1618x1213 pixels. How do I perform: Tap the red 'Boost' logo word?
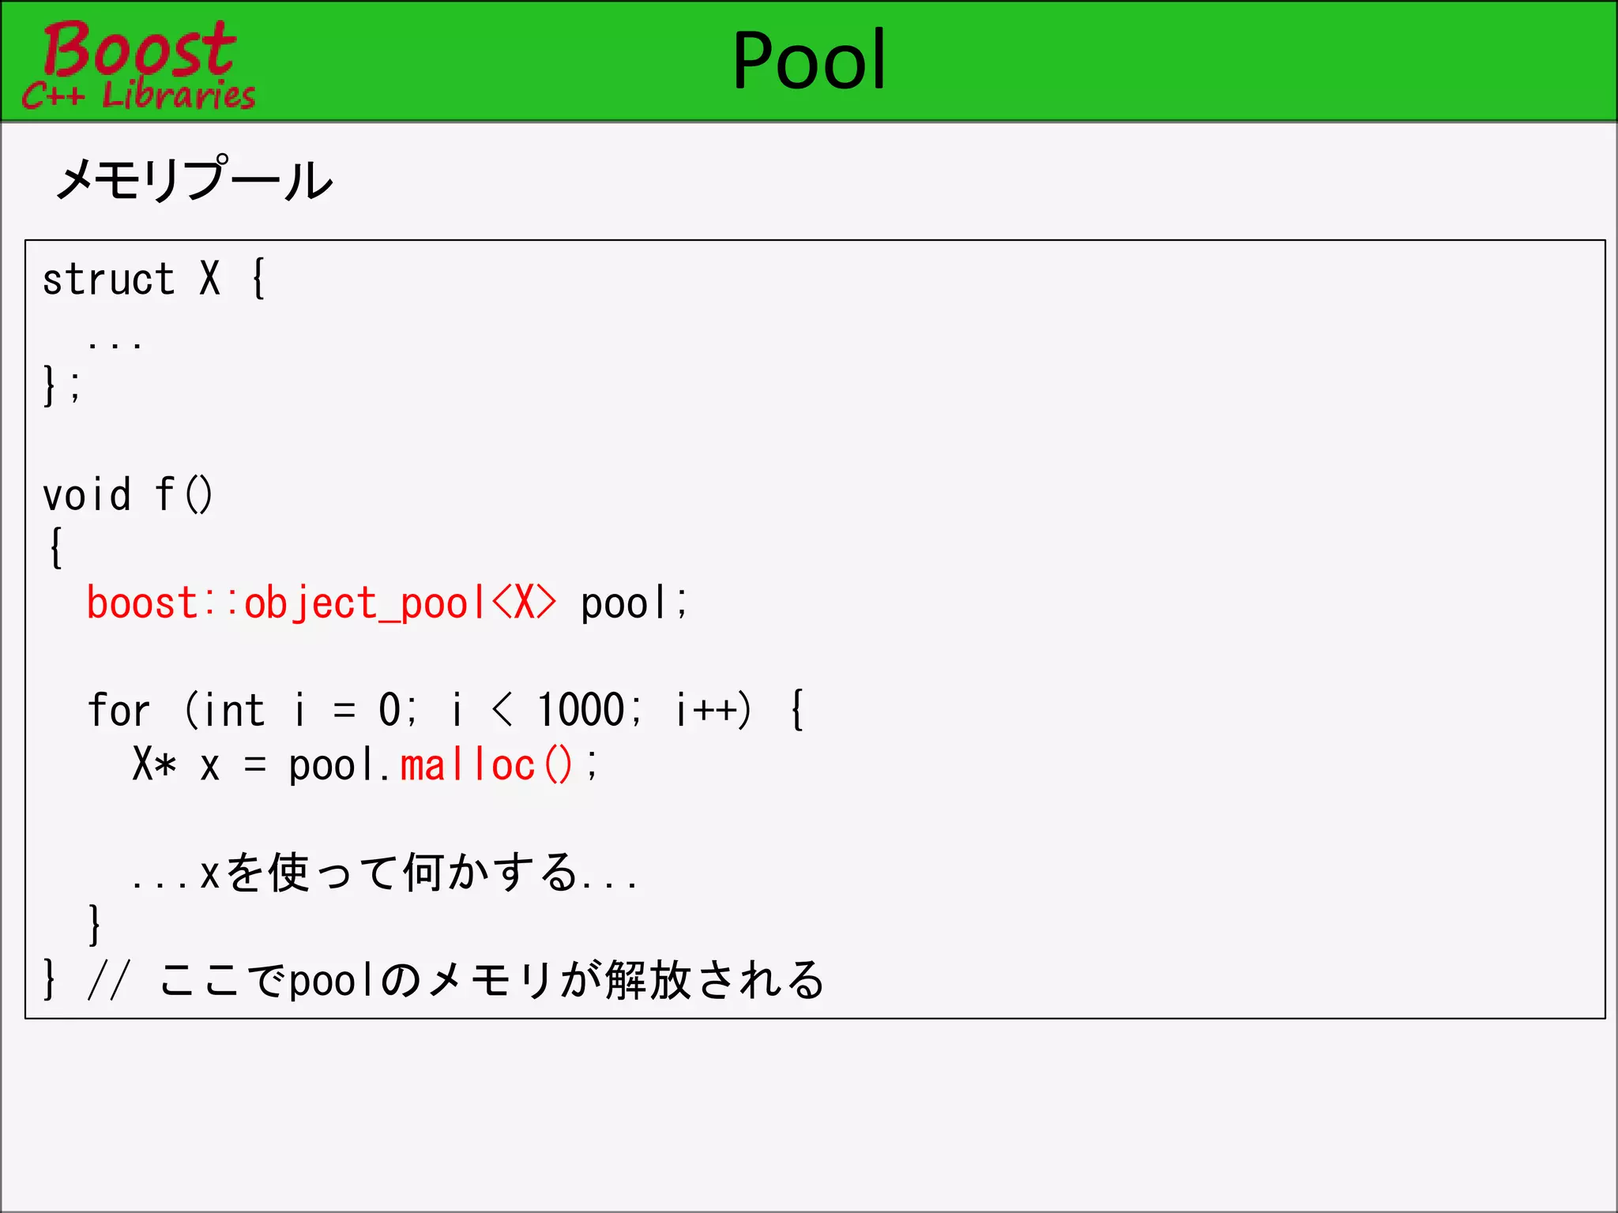click(139, 49)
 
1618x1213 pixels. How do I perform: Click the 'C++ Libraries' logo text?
click(139, 96)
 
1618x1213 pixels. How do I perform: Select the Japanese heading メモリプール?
click(194, 179)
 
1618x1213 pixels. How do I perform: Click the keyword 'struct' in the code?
click(108, 280)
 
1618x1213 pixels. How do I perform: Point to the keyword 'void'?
click(87, 496)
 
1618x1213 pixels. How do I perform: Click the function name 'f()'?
click(183, 496)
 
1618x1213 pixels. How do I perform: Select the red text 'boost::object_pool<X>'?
click(321, 603)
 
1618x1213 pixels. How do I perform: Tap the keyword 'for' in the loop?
click(119, 711)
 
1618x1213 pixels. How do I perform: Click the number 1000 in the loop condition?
click(581, 711)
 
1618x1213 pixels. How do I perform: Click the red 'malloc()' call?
click(485, 765)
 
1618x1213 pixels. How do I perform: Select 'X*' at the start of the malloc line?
click(154, 765)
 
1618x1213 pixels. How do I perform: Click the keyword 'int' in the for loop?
click(234, 711)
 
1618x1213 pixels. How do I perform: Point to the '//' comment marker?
click(107, 981)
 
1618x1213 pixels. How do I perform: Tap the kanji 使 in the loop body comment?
click(288, 873)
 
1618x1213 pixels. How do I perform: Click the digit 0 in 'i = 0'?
click(389, 711)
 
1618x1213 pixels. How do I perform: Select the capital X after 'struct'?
click(209, 280)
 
